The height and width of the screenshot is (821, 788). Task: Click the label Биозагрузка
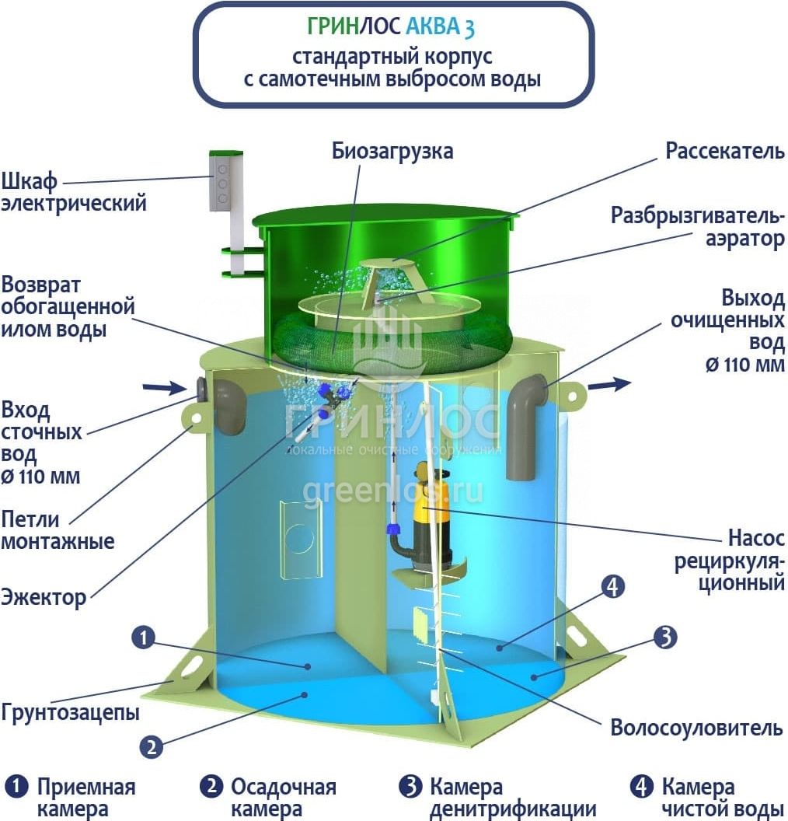[x=392, y=150]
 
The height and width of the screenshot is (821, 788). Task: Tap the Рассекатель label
[x=725, y=151]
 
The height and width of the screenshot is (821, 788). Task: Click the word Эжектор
[x=44, y=598]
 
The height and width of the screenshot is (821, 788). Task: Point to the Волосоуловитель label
[x=696, y=728]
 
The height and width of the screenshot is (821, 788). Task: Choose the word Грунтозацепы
[x=71, y=712]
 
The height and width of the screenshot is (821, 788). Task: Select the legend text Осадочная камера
[x=283, y=798]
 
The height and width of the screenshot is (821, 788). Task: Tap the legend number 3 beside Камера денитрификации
[x=410, y=787]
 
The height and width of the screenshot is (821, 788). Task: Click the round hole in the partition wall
[x=298, y=536]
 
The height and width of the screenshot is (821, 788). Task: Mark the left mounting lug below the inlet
[x=194, y=417]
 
